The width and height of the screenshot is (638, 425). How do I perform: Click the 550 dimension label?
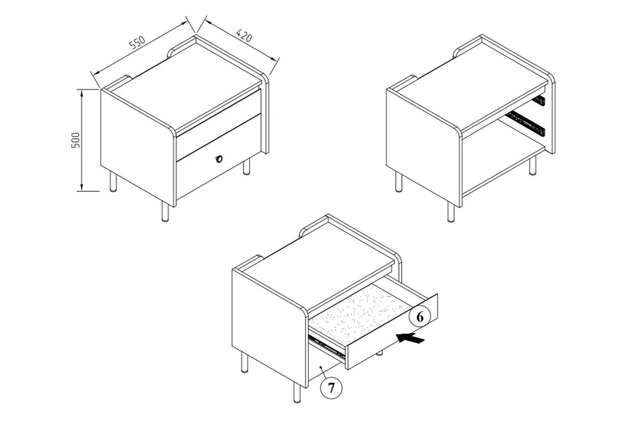tap(137, 43)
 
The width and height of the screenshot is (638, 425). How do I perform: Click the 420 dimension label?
tap(245, 36)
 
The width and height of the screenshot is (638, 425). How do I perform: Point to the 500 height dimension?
tap(75, 140)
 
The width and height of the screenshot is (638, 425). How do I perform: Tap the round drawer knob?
tap(219, 159)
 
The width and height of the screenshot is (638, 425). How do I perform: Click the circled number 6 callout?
tap(420, 317)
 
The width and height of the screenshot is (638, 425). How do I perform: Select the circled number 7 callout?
tap(331, 388)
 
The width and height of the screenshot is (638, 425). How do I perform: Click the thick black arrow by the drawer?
tap(410, 338)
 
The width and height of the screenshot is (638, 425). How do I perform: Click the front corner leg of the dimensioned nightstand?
tap(165, 211)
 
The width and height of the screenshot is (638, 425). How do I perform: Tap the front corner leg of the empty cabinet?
tap(451, 212)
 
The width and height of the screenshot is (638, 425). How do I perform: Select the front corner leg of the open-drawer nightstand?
tap(297, 392)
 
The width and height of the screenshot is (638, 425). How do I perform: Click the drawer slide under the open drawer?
tap(327, 347)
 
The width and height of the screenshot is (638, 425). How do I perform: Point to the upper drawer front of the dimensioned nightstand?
tap(219, 125)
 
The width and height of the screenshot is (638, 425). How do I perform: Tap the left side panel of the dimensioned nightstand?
tap(138, 147)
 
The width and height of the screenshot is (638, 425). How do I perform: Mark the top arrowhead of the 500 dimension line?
tap(81, 92)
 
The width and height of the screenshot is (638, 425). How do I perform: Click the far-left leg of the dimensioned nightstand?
tap(113, 181)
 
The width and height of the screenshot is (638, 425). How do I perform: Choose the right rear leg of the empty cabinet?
tap(532, 166)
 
